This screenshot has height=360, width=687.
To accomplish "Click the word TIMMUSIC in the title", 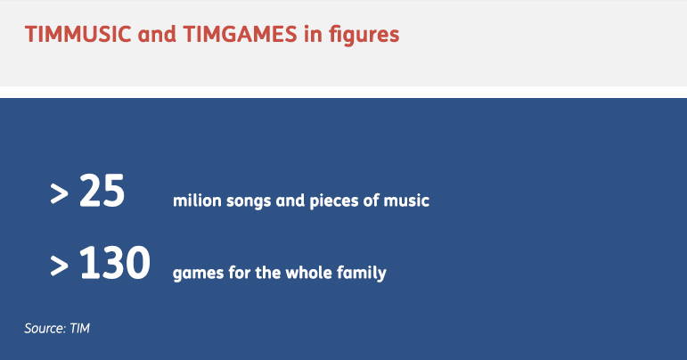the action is tap(78, 34).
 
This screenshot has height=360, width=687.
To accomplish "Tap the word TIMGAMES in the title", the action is tap(240, 34).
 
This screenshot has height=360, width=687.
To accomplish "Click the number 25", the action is tap(102, 191).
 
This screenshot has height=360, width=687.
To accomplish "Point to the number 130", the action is tap(115, 262).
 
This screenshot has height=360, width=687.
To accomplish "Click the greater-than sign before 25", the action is tap(59, 194).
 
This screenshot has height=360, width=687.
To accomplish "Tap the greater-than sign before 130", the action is tap(59, 266).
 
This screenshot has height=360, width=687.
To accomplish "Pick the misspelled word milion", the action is tap(197, 200).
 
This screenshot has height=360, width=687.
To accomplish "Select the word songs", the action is tap(249, 202).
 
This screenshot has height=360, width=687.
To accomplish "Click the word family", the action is tap(362, 274).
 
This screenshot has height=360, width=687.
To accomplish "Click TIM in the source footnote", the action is tap(79, 328).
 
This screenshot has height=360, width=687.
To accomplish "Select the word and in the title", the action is tap(157, 34).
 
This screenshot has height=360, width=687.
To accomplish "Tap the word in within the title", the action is tap(313, 34).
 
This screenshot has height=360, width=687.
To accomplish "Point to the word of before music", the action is tap(371, 200).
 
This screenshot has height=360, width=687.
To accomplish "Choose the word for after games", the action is tap(239, 273).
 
